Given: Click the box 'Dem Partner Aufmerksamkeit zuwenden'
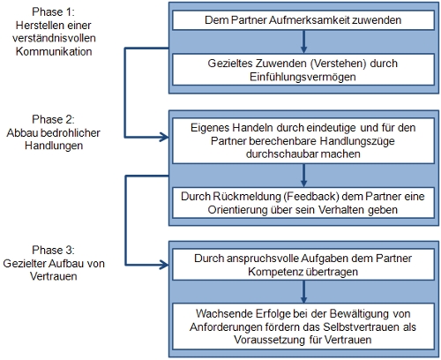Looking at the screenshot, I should [x=303, y=18].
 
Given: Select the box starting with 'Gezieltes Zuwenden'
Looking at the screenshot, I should [x=303, y=71].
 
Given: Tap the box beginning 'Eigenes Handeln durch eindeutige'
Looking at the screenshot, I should [x=303, y=140].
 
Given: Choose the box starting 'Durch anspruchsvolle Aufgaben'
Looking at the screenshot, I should [x=303, y=265].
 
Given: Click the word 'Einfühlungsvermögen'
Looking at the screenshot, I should [x=303, y=78].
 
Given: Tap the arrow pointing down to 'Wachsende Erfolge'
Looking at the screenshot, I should [x=303, y=291].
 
